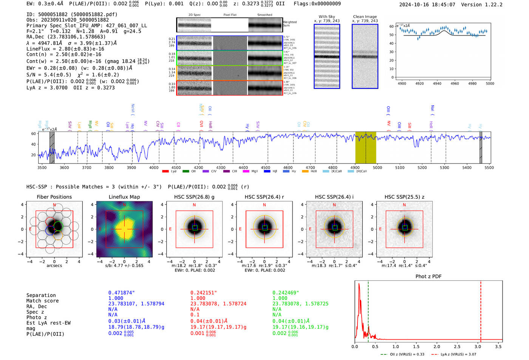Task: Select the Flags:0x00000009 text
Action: tap(317, 3)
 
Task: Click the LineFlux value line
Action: tap(65, 49)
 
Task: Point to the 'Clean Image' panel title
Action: tap(365, 17)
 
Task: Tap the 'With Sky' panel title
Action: tap(326, 17)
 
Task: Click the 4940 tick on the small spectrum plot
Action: tap(437, 83)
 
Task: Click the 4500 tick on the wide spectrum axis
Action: tap(266, 167)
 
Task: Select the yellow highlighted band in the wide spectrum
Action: tap(365, 147)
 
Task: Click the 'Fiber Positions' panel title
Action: tap(54, 197)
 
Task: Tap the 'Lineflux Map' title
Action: tap(124, 197)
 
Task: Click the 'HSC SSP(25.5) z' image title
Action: tap(404, 197)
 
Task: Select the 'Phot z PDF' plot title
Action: tap(428, 276)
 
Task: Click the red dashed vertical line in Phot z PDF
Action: tap(481, 310)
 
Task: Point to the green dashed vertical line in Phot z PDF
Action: tap(368, 310)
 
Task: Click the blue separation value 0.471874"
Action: tap(121, 293)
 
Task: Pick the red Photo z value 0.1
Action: tap(195, 315)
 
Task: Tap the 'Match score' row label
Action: tap(42, 301)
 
